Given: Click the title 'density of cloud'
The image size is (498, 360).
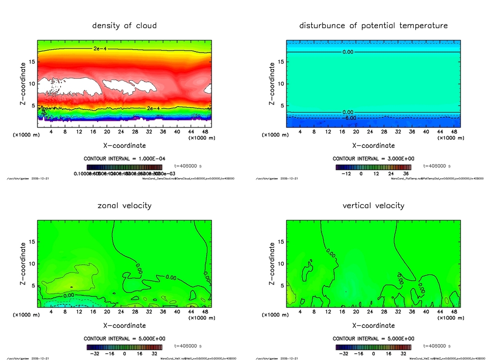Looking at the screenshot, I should (124, 26).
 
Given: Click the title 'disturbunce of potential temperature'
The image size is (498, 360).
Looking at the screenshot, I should (373, 26).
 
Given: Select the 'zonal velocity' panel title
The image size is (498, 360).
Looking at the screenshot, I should (124, 206).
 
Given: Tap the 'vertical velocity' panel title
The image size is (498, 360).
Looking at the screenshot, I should (373, 206).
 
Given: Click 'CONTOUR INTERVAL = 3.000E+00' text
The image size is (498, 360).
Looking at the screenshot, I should (373, 159).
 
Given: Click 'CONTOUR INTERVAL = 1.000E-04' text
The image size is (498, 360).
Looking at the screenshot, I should (124, 159).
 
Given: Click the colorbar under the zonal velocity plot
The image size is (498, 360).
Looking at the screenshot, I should (124, 347).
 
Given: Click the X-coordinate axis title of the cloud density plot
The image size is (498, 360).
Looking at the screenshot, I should (124, 145).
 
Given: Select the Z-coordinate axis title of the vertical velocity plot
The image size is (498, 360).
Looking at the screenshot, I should (271, 263).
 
